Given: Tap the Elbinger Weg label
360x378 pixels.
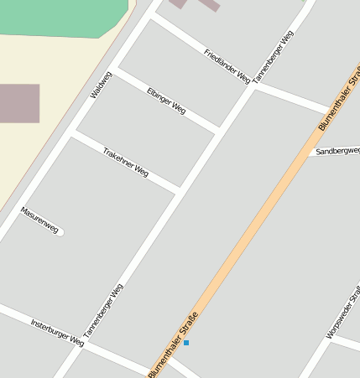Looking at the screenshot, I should (166, 101).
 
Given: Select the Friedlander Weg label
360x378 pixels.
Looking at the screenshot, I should (227, 65).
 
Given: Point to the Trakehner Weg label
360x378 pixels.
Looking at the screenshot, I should (126, 163).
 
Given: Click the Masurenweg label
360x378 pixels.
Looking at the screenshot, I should (39, 220).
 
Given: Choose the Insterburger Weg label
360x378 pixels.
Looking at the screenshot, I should (57, 332).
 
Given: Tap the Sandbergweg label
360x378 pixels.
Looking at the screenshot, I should (337, 151).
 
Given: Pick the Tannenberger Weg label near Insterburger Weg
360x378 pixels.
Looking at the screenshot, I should (103, 310).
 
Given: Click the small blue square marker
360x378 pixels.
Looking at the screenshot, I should (186, 343).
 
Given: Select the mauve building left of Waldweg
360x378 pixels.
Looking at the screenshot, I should (18, 103).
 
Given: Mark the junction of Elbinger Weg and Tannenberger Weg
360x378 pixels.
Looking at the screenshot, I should (218, 131).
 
